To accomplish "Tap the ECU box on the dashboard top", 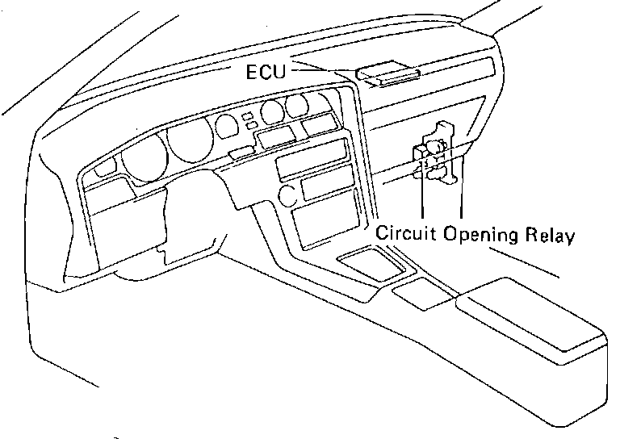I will coord(389,76).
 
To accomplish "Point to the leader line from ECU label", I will coord(323,71).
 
